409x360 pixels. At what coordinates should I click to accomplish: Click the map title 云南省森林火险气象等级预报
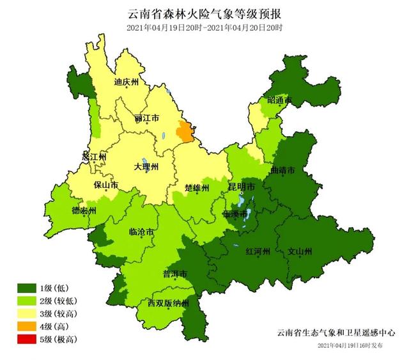tap(204, 13)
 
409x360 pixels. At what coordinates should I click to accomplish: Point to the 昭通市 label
tap(279, 101)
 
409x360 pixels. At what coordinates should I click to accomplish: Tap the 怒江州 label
tap(94, 157)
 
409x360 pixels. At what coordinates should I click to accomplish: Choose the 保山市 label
tap(105, 186)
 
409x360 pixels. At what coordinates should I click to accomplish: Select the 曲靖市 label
tap(282, 171)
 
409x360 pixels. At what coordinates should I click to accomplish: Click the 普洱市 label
tap(174, 274)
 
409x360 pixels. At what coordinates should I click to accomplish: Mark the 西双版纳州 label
tap(168, 303)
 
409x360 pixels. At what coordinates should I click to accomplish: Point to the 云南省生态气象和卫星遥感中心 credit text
tap(336, 333)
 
